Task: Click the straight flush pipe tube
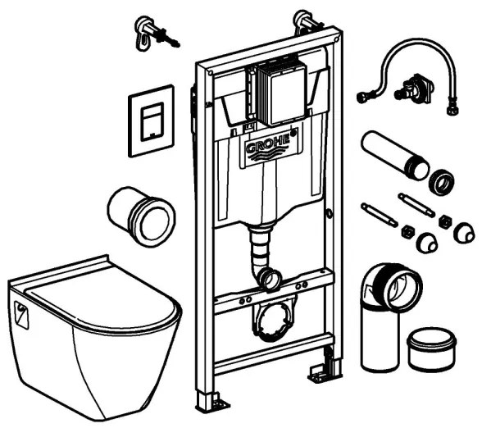coord(393,155)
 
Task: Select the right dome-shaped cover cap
coord(464,235)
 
